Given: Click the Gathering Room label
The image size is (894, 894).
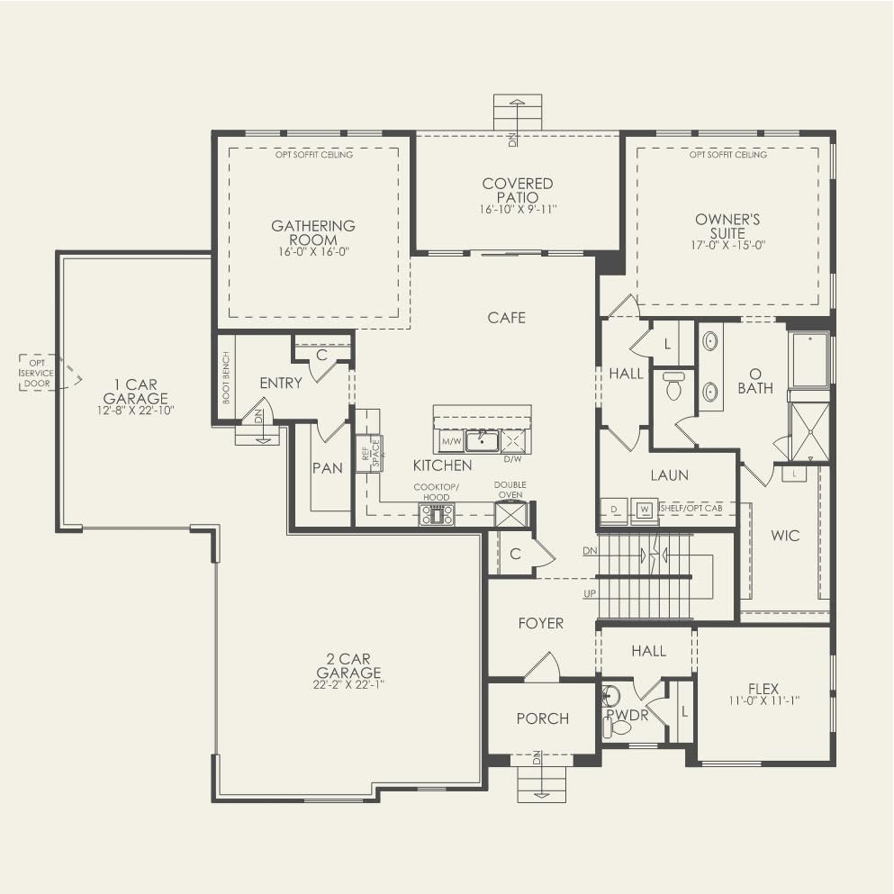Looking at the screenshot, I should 313,233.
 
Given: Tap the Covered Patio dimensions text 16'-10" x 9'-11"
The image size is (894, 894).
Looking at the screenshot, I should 518,210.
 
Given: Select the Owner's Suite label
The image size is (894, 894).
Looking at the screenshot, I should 727,226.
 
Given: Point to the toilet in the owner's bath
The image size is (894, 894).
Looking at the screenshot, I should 673,386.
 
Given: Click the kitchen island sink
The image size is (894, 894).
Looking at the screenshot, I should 482,440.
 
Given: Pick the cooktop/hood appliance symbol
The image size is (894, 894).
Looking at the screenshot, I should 437,514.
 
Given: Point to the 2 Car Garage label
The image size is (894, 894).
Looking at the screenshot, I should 348,673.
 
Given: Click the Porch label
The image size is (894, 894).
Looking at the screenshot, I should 542,718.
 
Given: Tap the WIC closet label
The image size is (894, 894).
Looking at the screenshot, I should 784,536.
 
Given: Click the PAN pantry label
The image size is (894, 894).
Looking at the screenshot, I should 327,468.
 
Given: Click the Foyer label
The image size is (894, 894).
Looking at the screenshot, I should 540,623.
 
